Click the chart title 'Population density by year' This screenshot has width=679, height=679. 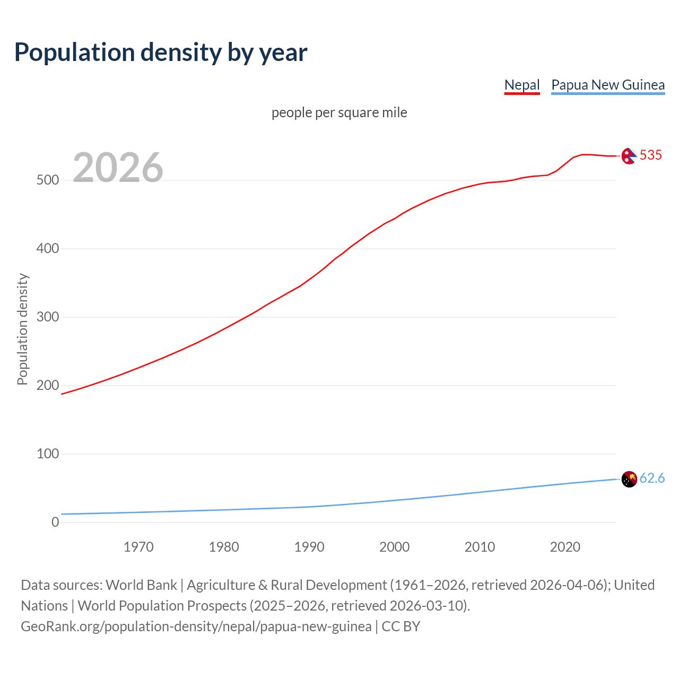pos(161,53)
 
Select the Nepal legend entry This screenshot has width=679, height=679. pos(521,85)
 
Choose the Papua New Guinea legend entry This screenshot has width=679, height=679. pos(607,85)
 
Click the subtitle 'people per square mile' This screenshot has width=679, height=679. pos(339,113)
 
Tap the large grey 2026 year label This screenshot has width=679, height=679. pos(118,168)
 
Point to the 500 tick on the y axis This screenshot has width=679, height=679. pos(47,180)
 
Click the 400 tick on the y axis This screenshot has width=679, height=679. pos(47,249)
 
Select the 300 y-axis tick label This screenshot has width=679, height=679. pos(47,317)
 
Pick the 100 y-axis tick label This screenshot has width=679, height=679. pos(47,454)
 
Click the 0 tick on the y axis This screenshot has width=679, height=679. pos(55,523)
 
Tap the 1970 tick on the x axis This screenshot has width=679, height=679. pos(138,547)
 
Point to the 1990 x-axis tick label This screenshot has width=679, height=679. pos(309,547)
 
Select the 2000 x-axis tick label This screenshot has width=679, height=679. pos(394,547)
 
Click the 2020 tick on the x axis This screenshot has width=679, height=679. pos(565,547)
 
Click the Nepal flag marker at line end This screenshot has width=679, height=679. pos(629,156)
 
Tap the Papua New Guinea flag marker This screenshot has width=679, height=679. pos(629,479)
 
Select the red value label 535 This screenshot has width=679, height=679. pos(651,155)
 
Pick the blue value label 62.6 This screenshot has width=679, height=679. pos(652,478)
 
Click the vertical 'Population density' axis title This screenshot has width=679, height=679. pos(22,329)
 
